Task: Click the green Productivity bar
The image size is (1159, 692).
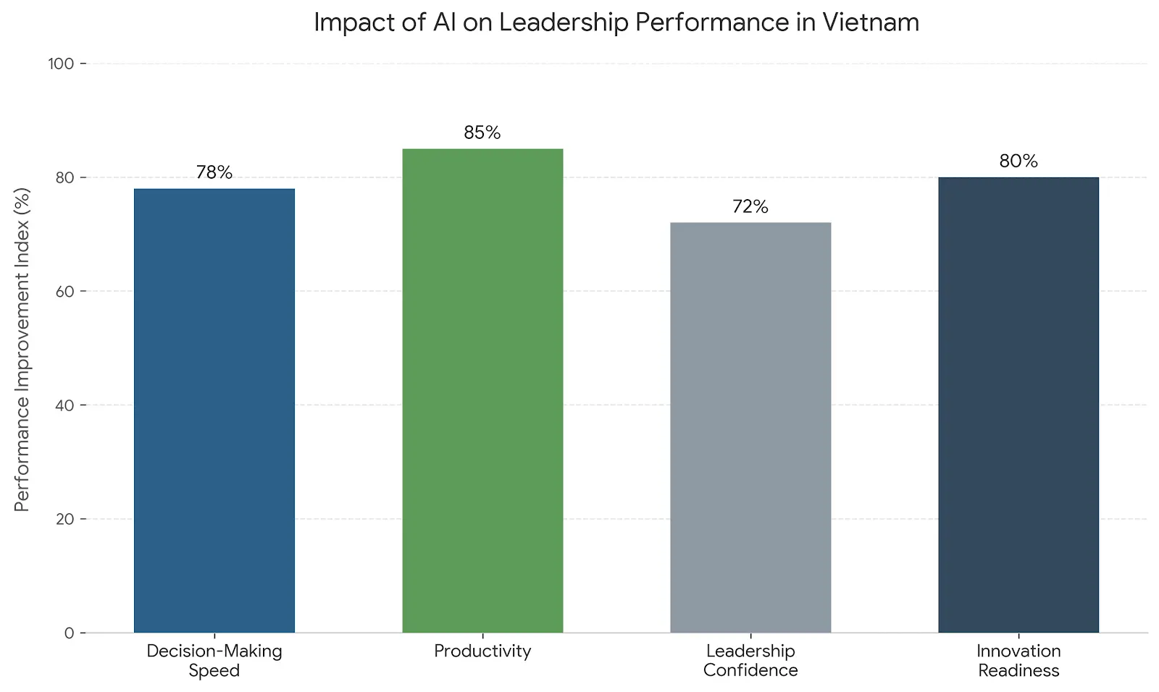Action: coord(482,391)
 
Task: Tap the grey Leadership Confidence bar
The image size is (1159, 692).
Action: coord(750,427)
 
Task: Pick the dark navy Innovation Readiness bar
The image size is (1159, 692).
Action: coord(1018,405)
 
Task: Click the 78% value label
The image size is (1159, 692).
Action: coord(214,172)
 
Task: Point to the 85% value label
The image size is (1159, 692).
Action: coord(482,132)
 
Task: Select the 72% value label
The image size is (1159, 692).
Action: coord(750,206)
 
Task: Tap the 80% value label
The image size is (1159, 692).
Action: coord(1018,161)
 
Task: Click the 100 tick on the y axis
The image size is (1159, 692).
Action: coord(62,64)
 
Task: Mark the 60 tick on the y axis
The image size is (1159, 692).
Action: coord(65,292)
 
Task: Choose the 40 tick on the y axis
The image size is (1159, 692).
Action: coord(65,405)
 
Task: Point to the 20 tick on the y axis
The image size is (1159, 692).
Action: coord(65,519)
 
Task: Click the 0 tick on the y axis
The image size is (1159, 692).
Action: coord(70,633)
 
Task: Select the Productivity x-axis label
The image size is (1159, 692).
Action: coord(482,651)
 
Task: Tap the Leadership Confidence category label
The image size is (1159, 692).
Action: coord(750,660)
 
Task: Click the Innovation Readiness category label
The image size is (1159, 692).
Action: coord(1018,660)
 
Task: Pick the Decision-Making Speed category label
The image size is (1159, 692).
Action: coord(214,660)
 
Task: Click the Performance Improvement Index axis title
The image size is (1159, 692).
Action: coord(22,350)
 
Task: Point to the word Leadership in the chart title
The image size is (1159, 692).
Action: coord(564,22)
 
